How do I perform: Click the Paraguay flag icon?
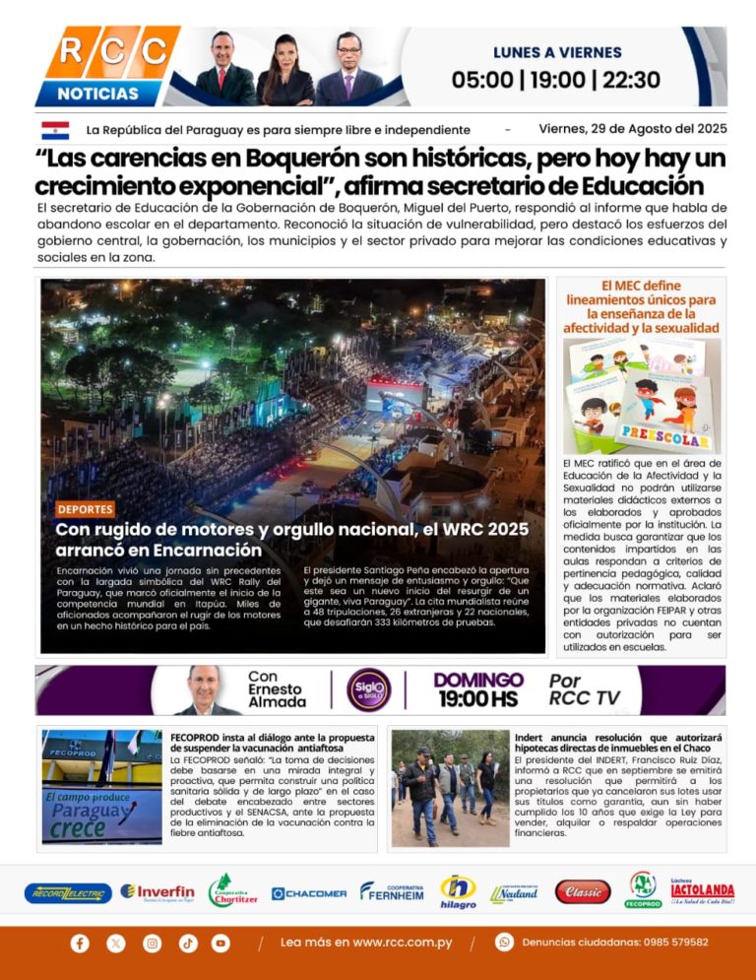point(55,130)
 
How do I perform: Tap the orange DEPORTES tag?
point(85,509)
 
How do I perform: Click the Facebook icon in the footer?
point(80,943)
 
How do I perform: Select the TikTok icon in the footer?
point(188,943)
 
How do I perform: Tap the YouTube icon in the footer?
point(220,943)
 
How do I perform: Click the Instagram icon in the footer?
point(152,943)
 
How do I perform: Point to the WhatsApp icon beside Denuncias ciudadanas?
point(504,943)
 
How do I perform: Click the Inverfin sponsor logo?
point(157,891)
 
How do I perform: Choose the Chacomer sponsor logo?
point(309,893)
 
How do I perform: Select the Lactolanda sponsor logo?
point(702,891)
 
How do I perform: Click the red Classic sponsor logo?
point(583,891)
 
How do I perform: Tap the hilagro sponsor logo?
point(458,891)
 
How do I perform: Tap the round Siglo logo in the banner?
point(370,689)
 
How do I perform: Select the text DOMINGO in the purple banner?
point(478,680)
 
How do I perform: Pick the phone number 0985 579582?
point(675,943)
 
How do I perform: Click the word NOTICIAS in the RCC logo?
point(97,94)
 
